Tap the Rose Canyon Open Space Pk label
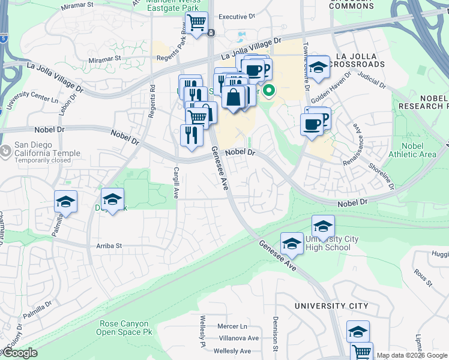click(x=124, y=328)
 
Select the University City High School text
click(x=332, y=243)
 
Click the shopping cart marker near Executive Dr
click(x=196, y=24)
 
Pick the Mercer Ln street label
click(x=232, y=326)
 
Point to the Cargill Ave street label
click(x=176, y=183)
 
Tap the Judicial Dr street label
click(x=372, y=78)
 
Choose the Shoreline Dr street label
click(x=382, y=176)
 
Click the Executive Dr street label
click(x=237, y=17)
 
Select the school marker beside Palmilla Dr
click(x=66, y=202)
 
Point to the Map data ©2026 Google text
click(x=412, y=356)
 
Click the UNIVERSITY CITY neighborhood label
click(x=331, y=306)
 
